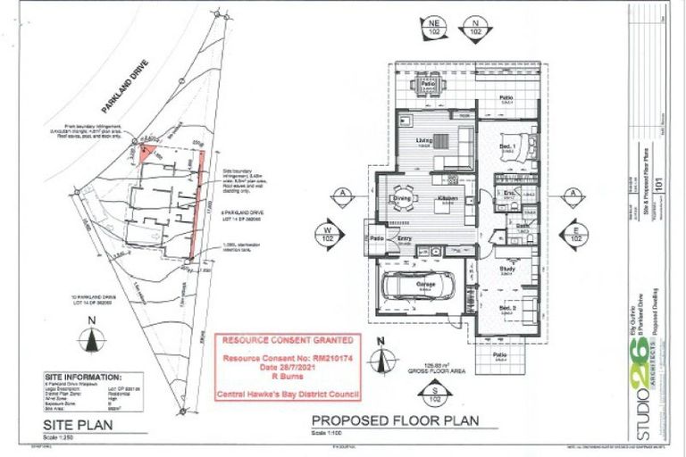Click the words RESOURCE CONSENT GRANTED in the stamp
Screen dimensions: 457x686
pos(287,341)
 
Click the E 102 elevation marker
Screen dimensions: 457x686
pos(577,235)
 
